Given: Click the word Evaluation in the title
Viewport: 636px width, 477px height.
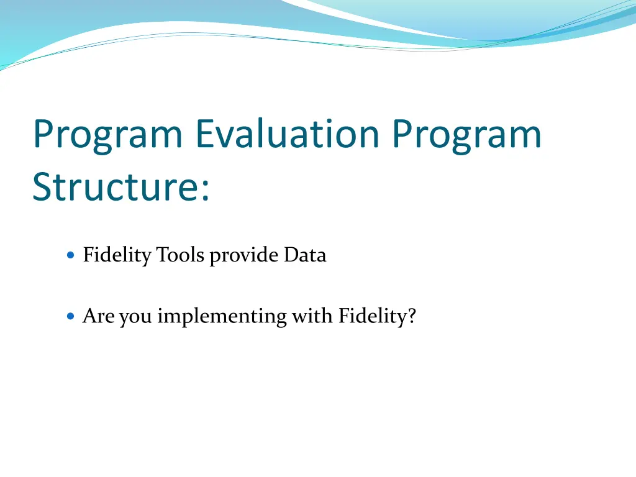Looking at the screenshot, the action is coord(288,134).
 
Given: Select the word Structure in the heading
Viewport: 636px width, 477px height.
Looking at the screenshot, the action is coord(115,186).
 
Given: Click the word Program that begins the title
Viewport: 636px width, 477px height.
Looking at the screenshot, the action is coord(107,136).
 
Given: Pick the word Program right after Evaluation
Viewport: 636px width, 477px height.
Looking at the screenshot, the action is coord(467,136).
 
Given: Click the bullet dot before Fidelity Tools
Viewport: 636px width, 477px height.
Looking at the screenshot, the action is coord(71,255).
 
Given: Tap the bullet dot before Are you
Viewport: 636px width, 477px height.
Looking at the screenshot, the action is coord(71,316).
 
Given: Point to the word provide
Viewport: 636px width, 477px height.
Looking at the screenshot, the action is coord(244,256).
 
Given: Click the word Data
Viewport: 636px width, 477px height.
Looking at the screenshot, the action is coord(305,255).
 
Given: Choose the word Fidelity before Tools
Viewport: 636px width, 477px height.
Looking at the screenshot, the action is coord(117,256).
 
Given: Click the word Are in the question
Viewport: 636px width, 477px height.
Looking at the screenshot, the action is coord(99,316).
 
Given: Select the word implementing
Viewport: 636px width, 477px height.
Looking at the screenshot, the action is coord(222,317).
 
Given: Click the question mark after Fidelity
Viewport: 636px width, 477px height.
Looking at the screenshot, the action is coord(412,315).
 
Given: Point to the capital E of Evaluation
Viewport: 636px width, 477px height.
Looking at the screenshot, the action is coord(205,134).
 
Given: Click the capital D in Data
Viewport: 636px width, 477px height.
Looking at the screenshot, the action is coord(292,255).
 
